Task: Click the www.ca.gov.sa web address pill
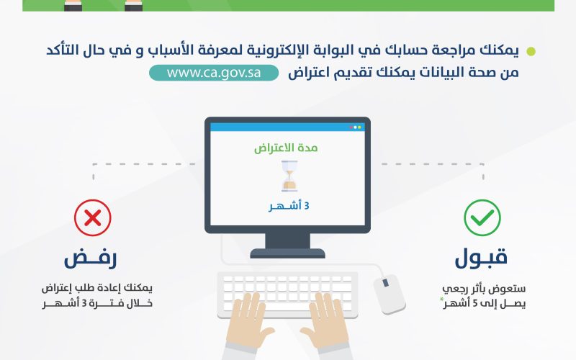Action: point(214,73)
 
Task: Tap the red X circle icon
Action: point(93,218)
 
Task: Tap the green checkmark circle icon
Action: point(482,218)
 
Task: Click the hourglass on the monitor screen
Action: point(289,176)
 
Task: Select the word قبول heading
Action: point(481,258)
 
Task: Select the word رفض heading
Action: point(91,258)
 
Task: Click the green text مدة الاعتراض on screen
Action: point(286,148)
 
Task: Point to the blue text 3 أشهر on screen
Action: point(289,206)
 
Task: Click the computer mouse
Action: point(390,294)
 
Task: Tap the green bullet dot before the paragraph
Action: point(531,51)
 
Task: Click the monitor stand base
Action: point(287,253)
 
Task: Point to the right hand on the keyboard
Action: point(325,320)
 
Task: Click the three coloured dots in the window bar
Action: point(355,127)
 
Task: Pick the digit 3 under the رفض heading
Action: point(84,303)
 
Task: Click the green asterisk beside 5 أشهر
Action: point(442,300)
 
